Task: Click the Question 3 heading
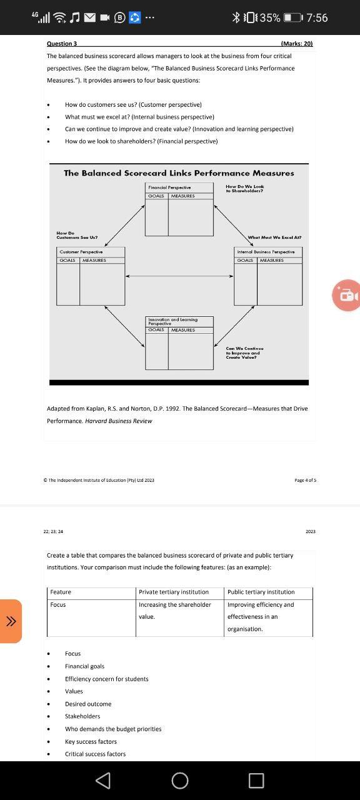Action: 62,44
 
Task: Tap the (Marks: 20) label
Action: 297,44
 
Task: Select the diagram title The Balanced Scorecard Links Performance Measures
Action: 179,173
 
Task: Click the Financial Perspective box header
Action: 169,187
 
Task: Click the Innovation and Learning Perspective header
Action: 172,321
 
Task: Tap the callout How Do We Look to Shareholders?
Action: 245,189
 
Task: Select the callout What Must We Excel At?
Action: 274,237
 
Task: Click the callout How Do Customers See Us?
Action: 76,236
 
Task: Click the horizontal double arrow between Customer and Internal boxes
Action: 179,276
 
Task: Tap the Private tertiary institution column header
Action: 174,592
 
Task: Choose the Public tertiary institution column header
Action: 261,592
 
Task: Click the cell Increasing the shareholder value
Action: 175,610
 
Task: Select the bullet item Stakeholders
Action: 82,716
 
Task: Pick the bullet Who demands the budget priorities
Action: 113,729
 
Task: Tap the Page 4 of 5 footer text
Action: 305,480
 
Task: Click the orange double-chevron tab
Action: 11,621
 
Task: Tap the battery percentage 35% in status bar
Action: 270,17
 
